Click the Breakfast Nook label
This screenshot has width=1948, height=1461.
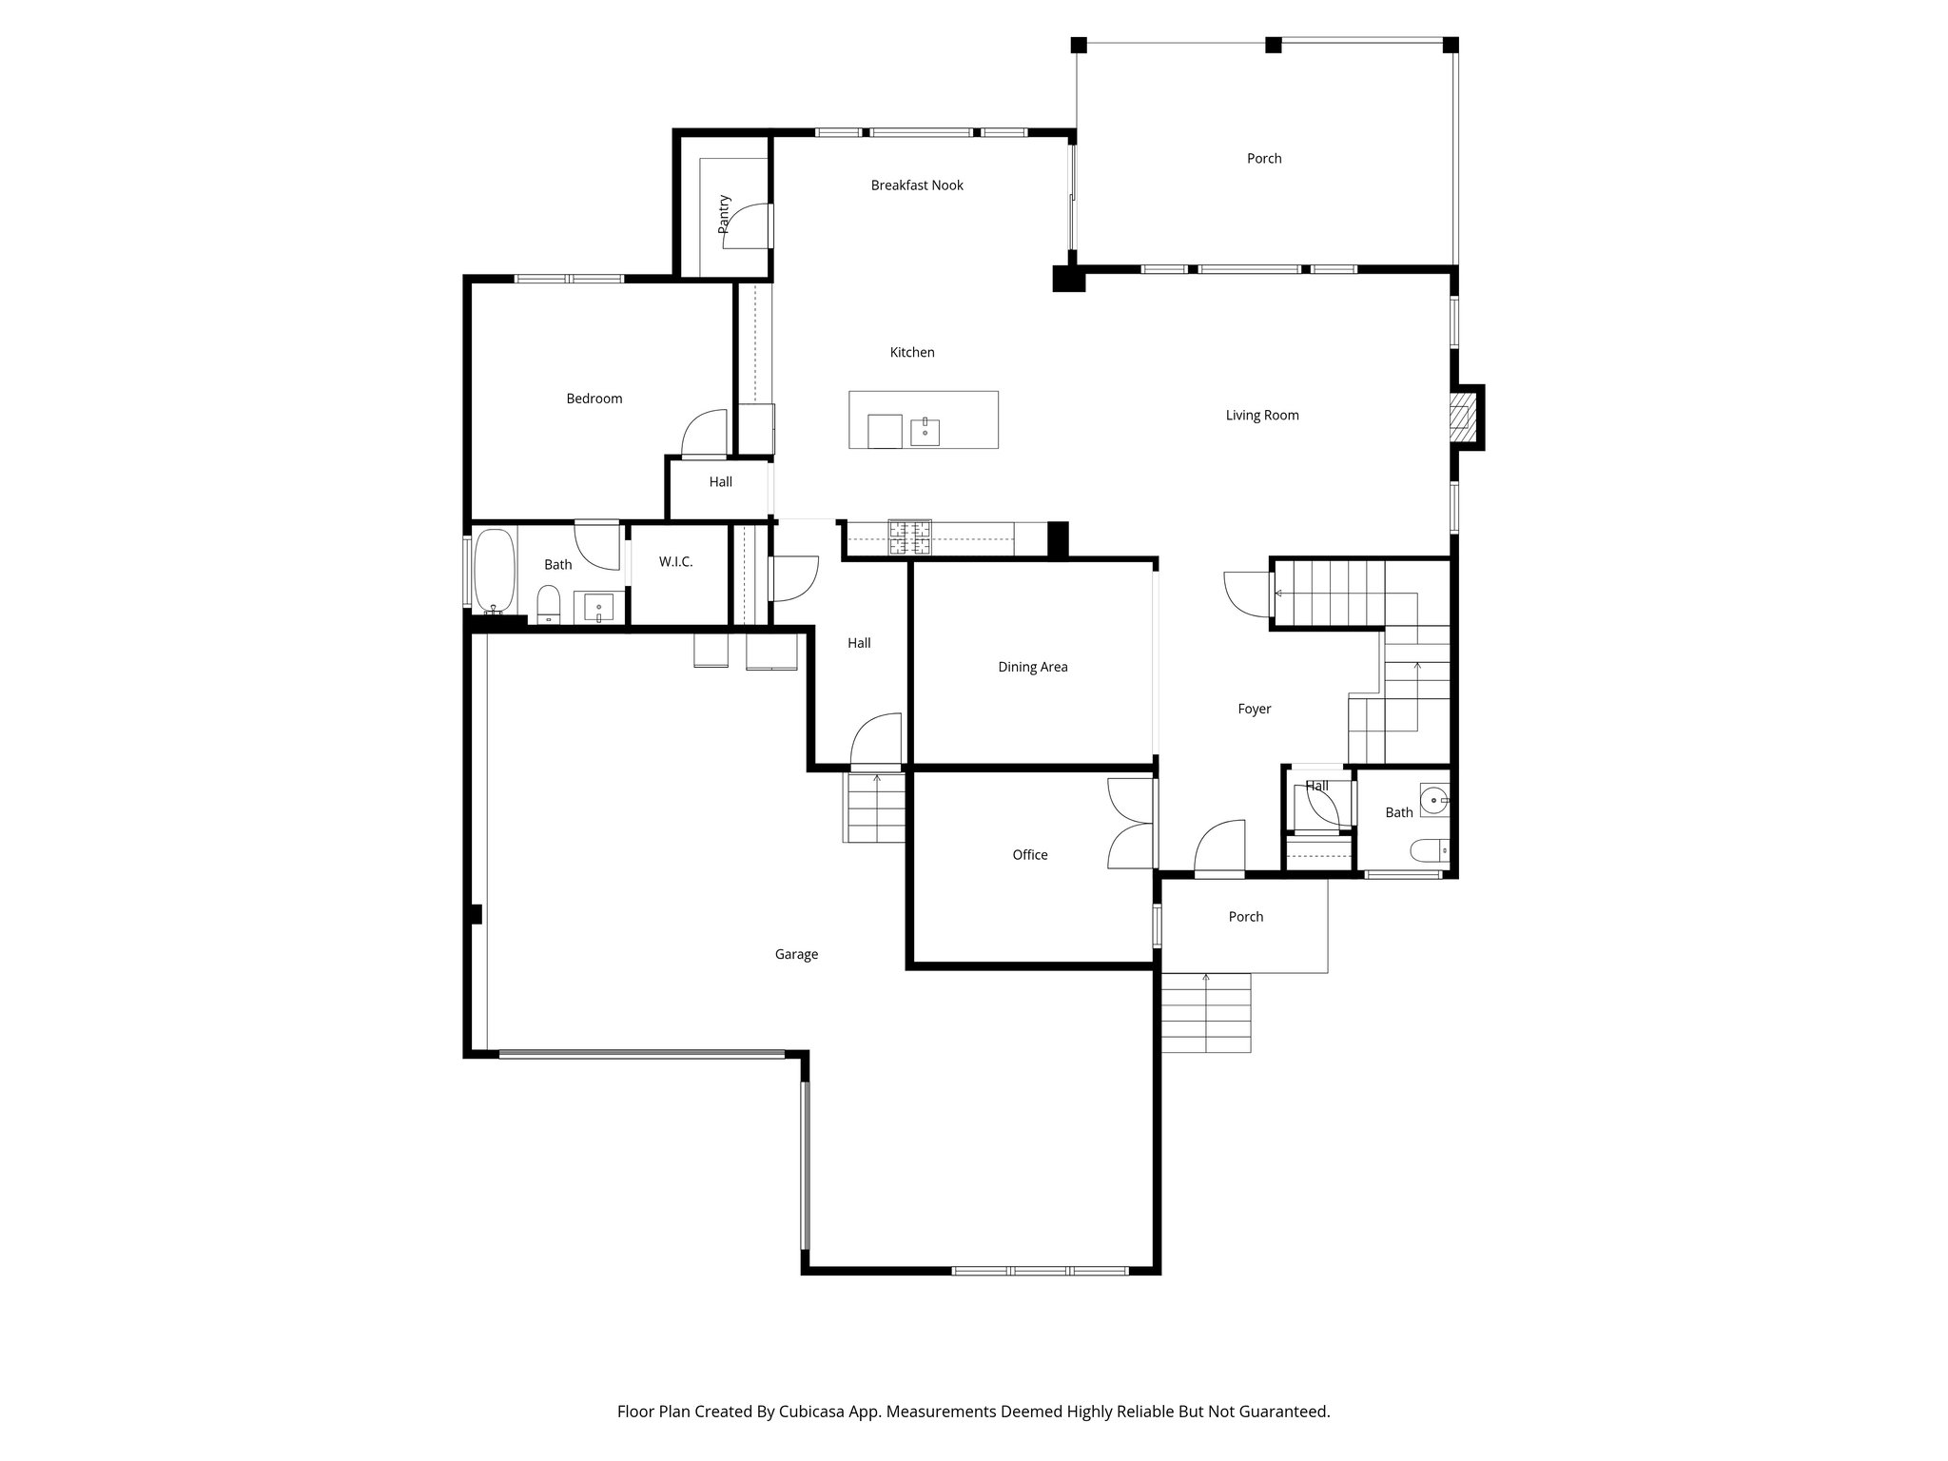pos(917,185)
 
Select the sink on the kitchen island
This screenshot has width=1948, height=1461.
pos(925,431)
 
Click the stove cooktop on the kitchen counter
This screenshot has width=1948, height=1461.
pos(910,537)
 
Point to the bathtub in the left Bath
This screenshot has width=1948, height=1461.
pos(494,570)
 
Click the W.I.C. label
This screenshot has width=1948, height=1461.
pos(675,562)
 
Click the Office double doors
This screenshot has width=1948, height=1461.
pos(1131,824)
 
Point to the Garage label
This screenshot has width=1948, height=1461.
pos(796,954)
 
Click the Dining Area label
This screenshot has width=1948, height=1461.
pos(1032,667)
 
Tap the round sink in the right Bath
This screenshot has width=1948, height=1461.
pos(1432,801)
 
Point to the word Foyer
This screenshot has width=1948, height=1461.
pos(1254,709)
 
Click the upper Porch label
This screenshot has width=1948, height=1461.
pos(1264,159)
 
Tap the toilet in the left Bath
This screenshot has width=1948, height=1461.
pos(549,603)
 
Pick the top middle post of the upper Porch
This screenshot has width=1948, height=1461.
pos(1273,45)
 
